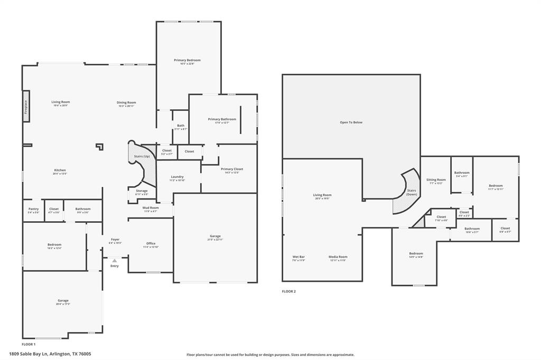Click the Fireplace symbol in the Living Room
coord(25,107)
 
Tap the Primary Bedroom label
coord(187,60)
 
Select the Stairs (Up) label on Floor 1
coord(141,157)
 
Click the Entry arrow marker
coord(115,261)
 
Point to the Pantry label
coord(33,209)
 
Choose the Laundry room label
coord(177,177)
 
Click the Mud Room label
coord(151,208)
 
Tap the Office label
coord(151,243)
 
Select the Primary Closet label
coord(232,169)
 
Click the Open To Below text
coord(351,122)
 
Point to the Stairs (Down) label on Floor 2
coord(412,192)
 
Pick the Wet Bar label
coord(299,257)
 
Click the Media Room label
coord(338,257)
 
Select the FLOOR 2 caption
coord(288,291)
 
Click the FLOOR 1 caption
coord(29,344)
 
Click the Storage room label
coord(142,191)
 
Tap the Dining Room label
coord(126,102)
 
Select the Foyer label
coord(115,240)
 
